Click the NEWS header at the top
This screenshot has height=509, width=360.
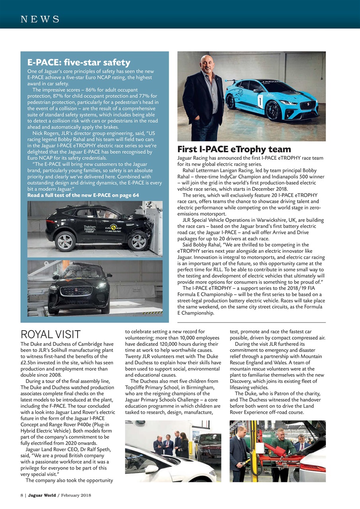40,19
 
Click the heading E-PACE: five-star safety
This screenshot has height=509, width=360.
79,62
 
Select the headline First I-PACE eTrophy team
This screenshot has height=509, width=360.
234,150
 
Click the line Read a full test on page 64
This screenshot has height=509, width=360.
83,195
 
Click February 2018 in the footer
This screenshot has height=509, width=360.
76,495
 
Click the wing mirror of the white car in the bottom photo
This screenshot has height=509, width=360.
152,469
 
